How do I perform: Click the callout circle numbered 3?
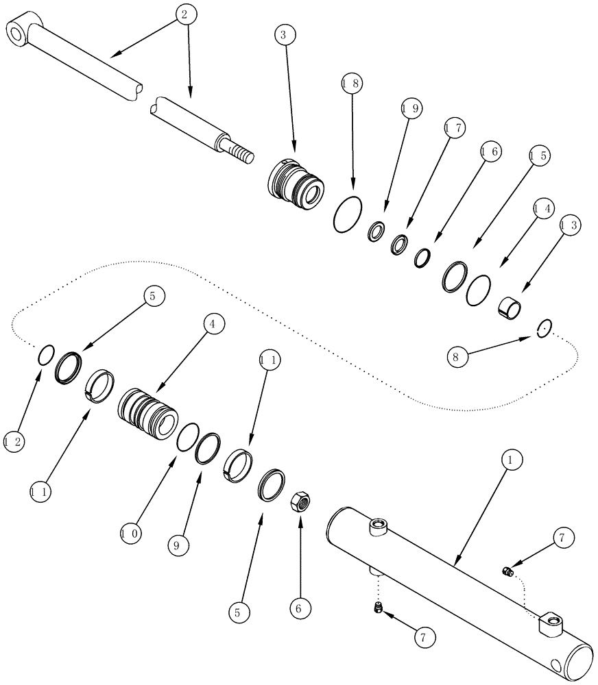tap(284, 34)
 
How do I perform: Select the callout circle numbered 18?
tap(350, 84)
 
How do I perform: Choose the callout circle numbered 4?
tap(213, 324)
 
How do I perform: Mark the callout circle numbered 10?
tap(131, 532)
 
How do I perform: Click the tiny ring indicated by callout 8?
tap(543, 329)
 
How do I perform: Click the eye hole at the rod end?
tap(16, 31)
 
